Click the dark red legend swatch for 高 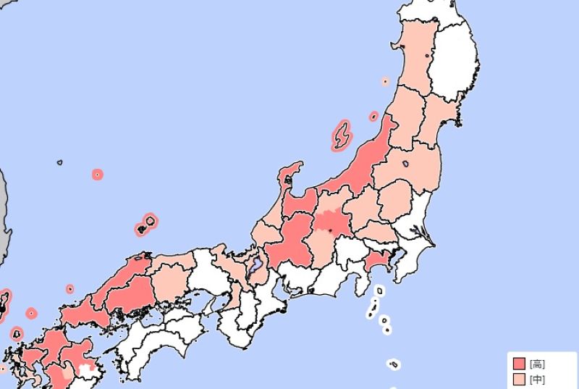[x=518, y=364]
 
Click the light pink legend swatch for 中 [x=518, y=378]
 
